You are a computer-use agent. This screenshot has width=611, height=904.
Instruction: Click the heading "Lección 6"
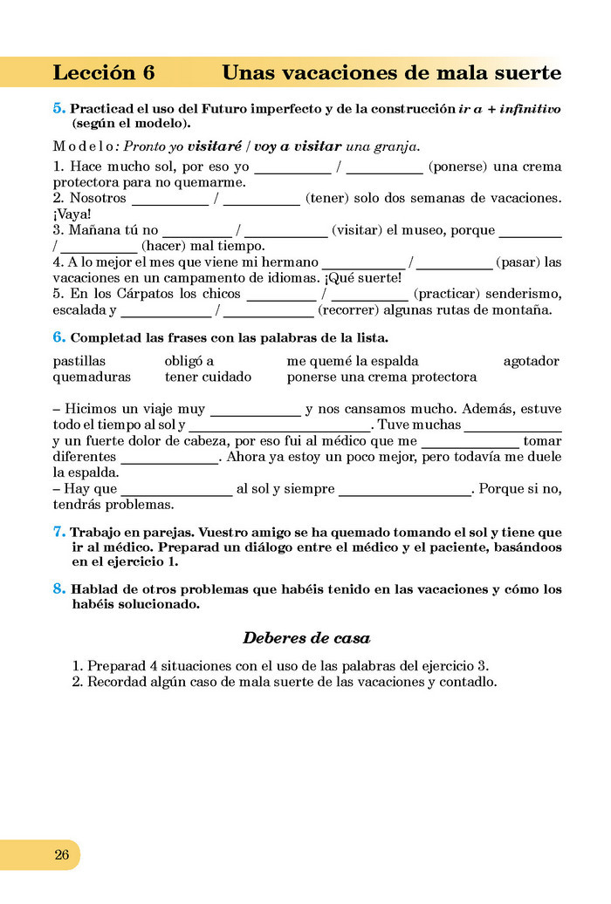click(x=103, y=73)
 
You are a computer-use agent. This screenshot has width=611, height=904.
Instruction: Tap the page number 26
click(x=61, y=854)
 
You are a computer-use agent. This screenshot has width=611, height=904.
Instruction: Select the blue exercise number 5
click(x=58, y=109)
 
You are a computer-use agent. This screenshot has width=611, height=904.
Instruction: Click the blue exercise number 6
click(x=58, y=336)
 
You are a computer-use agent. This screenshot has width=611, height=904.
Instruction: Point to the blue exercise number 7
click(x=58, y=531)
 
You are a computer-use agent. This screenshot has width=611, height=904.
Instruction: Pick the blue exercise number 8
click(x=58, y=589)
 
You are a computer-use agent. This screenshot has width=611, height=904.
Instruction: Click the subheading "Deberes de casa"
click(x=305, y=637)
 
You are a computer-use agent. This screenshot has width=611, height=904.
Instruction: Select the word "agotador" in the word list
click(x=531, y=361)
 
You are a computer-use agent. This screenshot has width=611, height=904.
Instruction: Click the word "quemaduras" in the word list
click(x=92, y=377)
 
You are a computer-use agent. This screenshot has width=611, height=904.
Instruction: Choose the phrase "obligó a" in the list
click(x=189, y=361)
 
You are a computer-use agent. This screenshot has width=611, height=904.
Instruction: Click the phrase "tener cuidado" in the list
click(x=208, y=377)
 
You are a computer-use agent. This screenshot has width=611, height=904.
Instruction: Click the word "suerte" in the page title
click(x=525, y=73)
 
